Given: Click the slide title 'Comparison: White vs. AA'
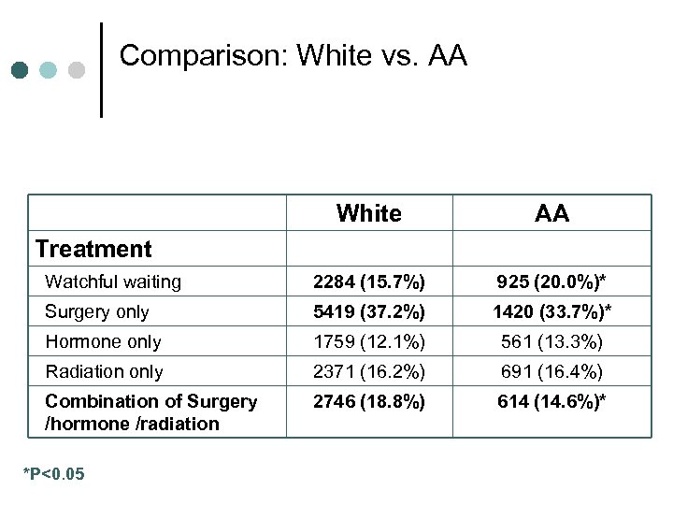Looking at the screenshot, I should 293,56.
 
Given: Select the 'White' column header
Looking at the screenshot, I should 368,213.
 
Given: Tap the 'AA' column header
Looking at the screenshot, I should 551,213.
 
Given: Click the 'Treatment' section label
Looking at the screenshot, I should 93,249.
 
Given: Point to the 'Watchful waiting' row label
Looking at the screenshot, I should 113,281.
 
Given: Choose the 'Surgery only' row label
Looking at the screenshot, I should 97,311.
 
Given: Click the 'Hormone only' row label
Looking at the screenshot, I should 103,341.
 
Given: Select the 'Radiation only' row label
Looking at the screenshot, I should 104,371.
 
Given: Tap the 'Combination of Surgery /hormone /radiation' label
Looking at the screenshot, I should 150,412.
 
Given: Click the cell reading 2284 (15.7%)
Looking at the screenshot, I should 368,281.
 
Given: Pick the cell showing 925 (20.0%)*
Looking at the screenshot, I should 551,281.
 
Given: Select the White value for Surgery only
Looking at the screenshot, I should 368,311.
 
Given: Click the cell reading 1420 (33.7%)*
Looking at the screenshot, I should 551,311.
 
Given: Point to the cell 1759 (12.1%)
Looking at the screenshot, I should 368,341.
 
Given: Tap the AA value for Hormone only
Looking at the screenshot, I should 551,341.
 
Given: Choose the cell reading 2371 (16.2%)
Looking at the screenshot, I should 368,371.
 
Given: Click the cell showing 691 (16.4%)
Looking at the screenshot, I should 551,371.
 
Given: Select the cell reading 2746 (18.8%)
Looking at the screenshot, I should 368,401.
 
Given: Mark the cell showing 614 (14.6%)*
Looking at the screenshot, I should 551,401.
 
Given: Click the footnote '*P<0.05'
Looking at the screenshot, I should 53,475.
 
